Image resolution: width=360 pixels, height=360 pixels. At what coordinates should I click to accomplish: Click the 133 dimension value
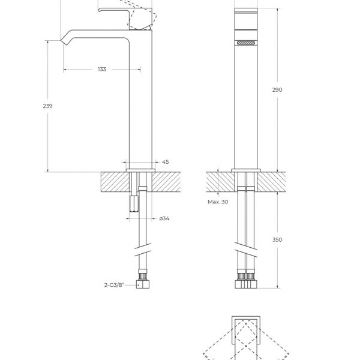click(101, 70)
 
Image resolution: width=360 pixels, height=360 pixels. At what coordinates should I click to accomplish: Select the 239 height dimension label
click(48, 106)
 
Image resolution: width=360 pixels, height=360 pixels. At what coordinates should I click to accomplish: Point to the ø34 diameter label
click(164, 218)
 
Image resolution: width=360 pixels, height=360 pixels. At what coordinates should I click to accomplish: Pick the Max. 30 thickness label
click(218, 202)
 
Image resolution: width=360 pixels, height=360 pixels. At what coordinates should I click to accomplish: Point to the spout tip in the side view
click(65, 41)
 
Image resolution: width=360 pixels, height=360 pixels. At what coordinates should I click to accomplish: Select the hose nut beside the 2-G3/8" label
click(142, 284)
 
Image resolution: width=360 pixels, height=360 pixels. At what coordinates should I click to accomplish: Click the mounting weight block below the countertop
click(134, 205)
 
